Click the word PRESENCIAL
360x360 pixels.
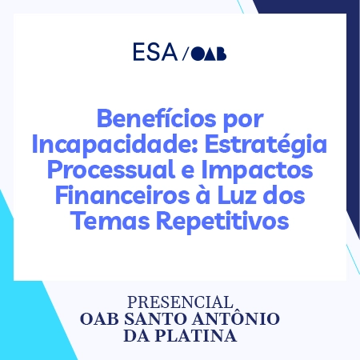180,303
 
